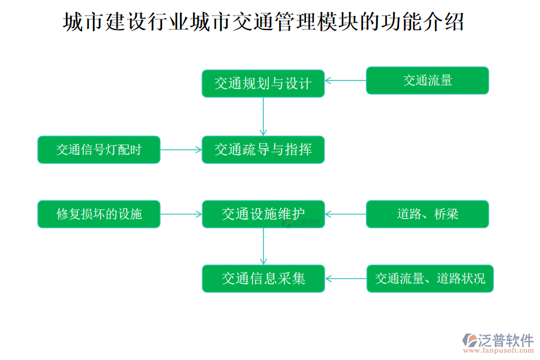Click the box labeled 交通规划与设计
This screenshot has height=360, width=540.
(x=263, y=83)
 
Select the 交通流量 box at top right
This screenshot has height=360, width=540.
(x=427, y=80)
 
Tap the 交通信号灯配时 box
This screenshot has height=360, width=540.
(x=99, y=149)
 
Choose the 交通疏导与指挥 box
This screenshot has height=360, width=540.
(x=263, y=149)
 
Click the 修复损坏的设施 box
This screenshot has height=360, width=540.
(x=99, y=214)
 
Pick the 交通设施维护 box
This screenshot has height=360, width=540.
(x=263, y=214)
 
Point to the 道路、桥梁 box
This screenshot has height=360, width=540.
(x=427, y=214)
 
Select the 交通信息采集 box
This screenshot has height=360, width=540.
(x=263, y=278)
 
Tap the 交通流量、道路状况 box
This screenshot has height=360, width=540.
(x=430, y=278)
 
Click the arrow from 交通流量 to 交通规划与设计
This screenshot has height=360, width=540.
(x=346, y=80)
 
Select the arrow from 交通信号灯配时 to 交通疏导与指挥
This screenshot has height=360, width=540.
(x=181, y=149)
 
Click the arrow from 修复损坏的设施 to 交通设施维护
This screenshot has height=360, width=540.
(x=181, y=214)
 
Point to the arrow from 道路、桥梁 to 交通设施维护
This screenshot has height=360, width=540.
(x=346, y=214)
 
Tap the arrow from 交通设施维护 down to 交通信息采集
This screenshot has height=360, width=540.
(x=263, y=246)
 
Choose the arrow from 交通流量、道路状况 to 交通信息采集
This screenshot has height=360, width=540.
(x=346, y=278)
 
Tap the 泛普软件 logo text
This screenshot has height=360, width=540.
(x=505, y=340)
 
